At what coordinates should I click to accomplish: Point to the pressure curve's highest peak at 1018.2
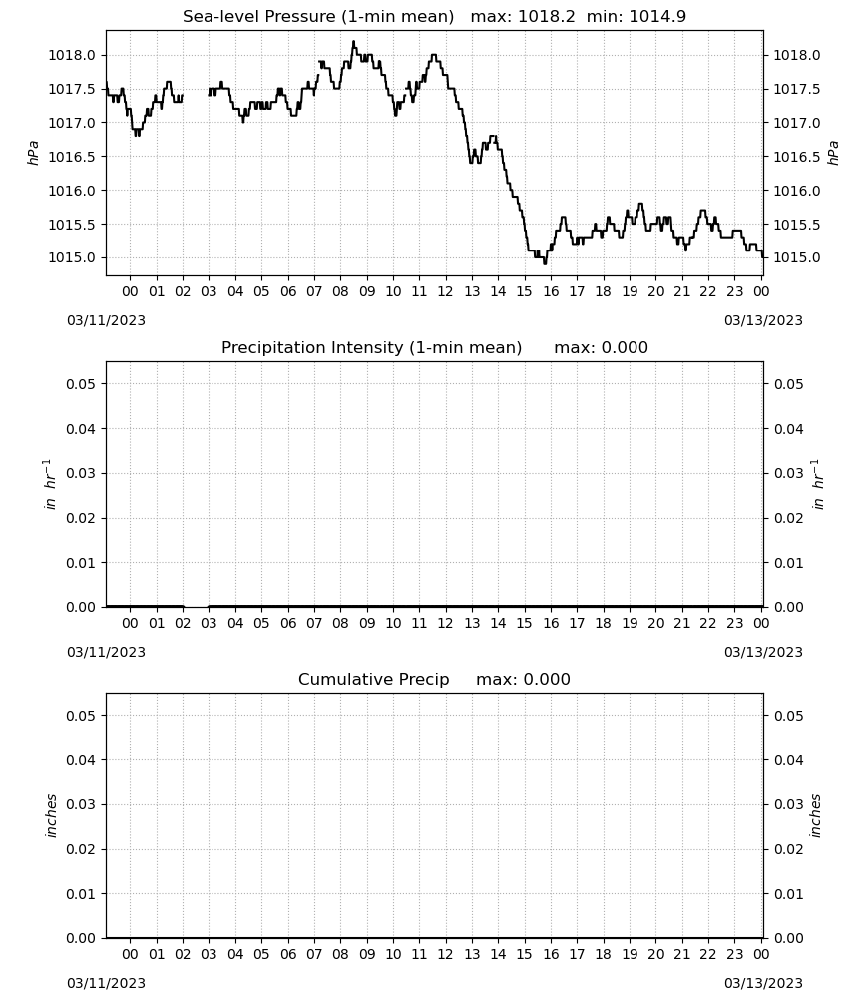pyautogui.click(x=354, y=42)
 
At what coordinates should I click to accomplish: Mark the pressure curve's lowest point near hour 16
pyautogui.click(x=545, y=262)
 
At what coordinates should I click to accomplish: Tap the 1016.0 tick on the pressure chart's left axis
pyautogui.click(x=72, y=191)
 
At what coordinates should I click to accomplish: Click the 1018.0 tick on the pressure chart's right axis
pyautogui.click(x=796, y=55)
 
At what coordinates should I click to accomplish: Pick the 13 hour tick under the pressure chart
pyautogui.click(x=472, y=291)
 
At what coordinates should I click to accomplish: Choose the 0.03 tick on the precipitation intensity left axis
pyautogui.click(x=81, y=473)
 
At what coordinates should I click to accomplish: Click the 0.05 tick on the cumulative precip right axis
pyautogui.click(x=788, y=716)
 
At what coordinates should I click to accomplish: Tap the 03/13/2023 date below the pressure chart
pyautogui.click(x=763, y=320)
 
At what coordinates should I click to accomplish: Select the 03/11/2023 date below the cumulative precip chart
pyautogui.click(x=106, y=983)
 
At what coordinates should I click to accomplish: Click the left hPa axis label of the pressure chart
pyautogui.click(x=33, y=153)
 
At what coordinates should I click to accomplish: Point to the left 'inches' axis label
pyautogui.click(x=51, y=816)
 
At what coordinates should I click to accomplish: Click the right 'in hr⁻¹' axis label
pyautogui.click(x=819, y=484)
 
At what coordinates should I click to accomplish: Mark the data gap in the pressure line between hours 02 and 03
pyautogui.click(x=196, y=97)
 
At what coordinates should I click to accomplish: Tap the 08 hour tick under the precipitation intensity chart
pyautogui.click(x=340, y=623)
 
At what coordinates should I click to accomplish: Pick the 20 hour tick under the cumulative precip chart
pyautogui.click(x=655, y=954)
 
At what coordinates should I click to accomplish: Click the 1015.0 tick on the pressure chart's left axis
pyautogui.click(x=72, y=257)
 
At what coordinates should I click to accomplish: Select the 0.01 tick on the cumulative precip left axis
pyautogui.click(x=81, y=894)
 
